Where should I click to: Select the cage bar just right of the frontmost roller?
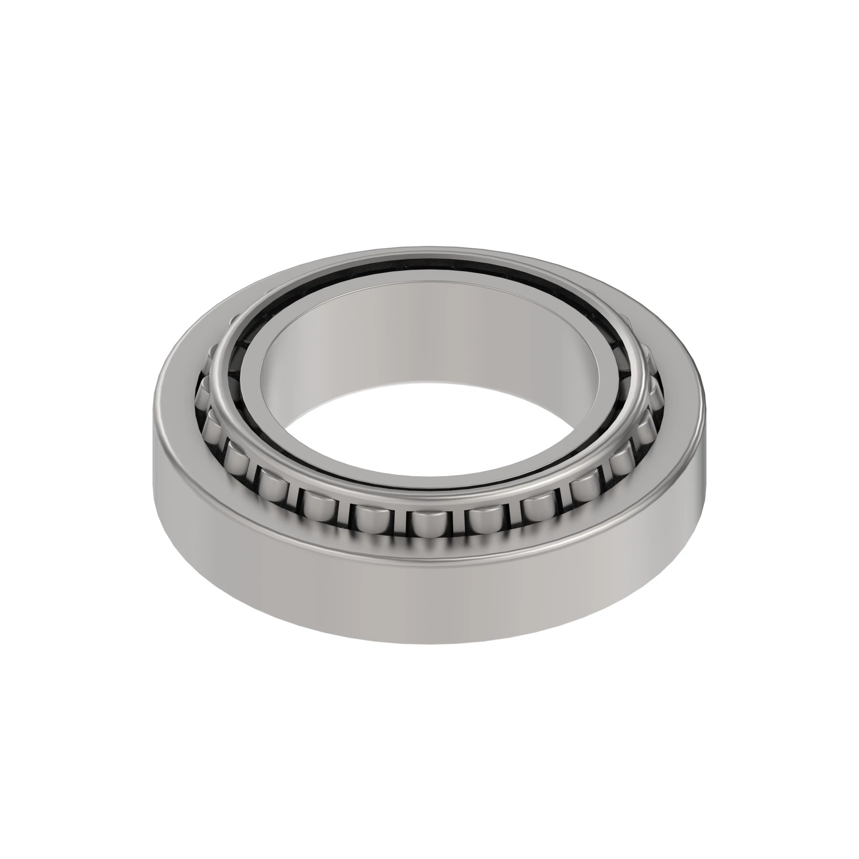pyautogui.click(x=454, y=525)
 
